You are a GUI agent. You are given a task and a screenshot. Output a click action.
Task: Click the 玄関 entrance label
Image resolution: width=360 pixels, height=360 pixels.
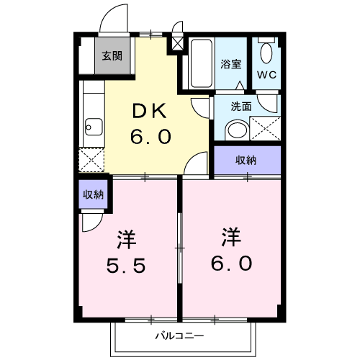point(112,56)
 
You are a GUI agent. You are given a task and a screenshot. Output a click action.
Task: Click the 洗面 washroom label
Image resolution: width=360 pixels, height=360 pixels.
point(240,106)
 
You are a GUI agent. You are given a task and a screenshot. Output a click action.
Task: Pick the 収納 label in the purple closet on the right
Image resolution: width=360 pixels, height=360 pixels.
point(246,160)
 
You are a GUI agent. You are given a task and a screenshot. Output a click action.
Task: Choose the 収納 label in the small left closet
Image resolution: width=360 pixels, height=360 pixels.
point(93,194)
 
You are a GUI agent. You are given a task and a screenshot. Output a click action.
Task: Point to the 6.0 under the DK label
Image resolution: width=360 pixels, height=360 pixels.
point(151,136)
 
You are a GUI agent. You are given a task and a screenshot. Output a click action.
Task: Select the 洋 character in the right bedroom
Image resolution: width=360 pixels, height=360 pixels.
point(231,236)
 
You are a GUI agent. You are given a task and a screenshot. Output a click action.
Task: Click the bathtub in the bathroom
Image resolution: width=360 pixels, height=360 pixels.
point(198,63)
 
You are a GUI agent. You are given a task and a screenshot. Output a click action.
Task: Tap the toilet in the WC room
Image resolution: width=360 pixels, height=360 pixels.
point(268,51)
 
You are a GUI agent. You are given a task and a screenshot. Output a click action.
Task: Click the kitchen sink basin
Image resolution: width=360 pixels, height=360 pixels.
point(94,130)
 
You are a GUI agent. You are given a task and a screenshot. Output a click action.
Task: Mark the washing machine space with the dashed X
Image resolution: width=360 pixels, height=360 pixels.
point(265,129)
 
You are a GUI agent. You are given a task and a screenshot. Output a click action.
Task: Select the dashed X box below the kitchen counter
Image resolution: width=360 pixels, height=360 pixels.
point(93,158)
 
